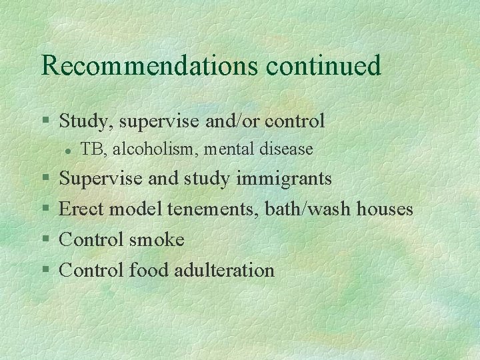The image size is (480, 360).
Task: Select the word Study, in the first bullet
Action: [82, 121]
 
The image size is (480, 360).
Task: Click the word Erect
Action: [82, 209]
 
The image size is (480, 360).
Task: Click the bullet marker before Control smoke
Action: [45, 240]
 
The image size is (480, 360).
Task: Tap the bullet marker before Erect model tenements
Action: [45, 210]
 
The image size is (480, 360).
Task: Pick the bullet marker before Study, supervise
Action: [45, 122]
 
